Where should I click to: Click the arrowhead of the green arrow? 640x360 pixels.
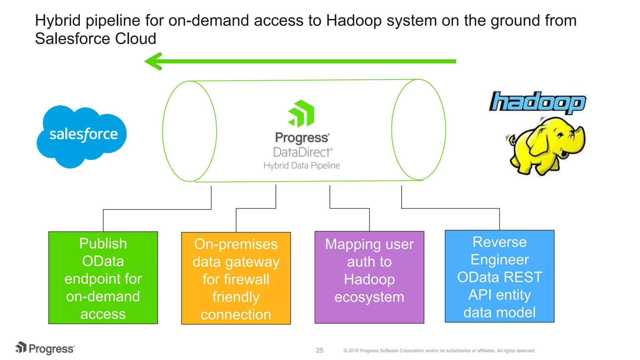click(153, 61)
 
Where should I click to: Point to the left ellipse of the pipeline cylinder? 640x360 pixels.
click(189, 131)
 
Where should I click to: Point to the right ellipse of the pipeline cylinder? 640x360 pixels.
click(418, 130)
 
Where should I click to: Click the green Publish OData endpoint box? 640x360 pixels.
click(103, 277)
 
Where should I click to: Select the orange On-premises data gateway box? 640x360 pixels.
click(236, 278)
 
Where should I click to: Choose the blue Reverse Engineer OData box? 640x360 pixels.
click(499, 276)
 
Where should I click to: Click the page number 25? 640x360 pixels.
click(319, 350)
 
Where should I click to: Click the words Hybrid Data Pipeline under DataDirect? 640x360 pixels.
click(301, 165)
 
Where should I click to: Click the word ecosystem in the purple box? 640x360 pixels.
click(369, 297)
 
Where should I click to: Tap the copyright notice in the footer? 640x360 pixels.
click(439, 351)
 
